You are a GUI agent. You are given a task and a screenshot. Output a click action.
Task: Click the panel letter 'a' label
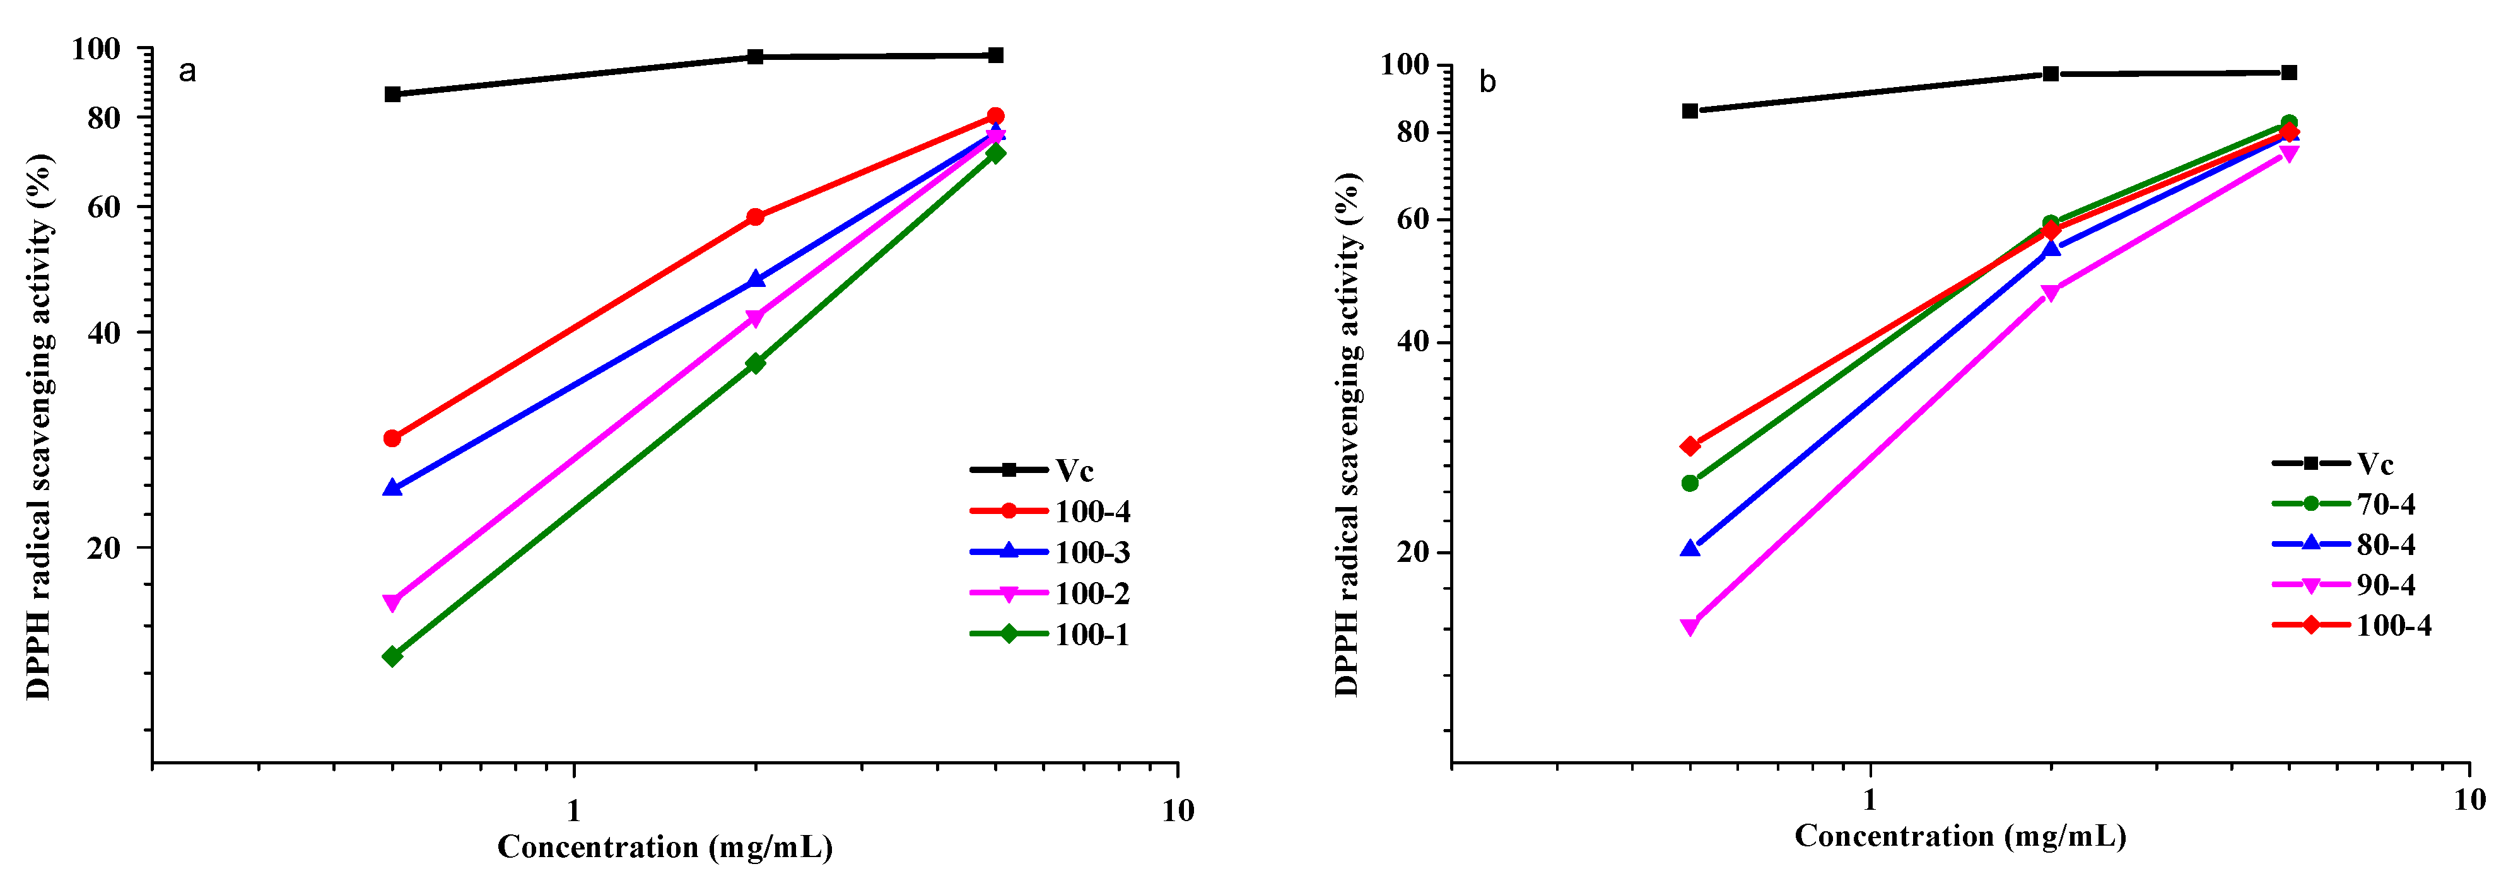click(x=188, y=72)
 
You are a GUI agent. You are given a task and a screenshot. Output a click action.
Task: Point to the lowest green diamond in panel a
click(x=392, y=657)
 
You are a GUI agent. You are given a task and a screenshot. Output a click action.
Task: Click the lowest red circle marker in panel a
click(x=392, y=438)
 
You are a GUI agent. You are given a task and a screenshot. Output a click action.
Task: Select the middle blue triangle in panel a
click(x=755, y=280)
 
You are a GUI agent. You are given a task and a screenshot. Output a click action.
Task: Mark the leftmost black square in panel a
click(x=392, y=95)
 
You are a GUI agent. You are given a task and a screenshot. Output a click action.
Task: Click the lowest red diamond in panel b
click(x=1690, y=447)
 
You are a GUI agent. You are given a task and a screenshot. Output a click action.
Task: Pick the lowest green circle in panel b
click(x=1690, y=483)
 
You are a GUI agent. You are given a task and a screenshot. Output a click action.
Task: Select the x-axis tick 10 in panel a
click(x=1177, y=810)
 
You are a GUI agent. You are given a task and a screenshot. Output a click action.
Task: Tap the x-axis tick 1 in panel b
click(x=1869, y=800)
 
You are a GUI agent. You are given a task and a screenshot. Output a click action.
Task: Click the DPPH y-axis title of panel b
click(x=1347, y=435)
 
